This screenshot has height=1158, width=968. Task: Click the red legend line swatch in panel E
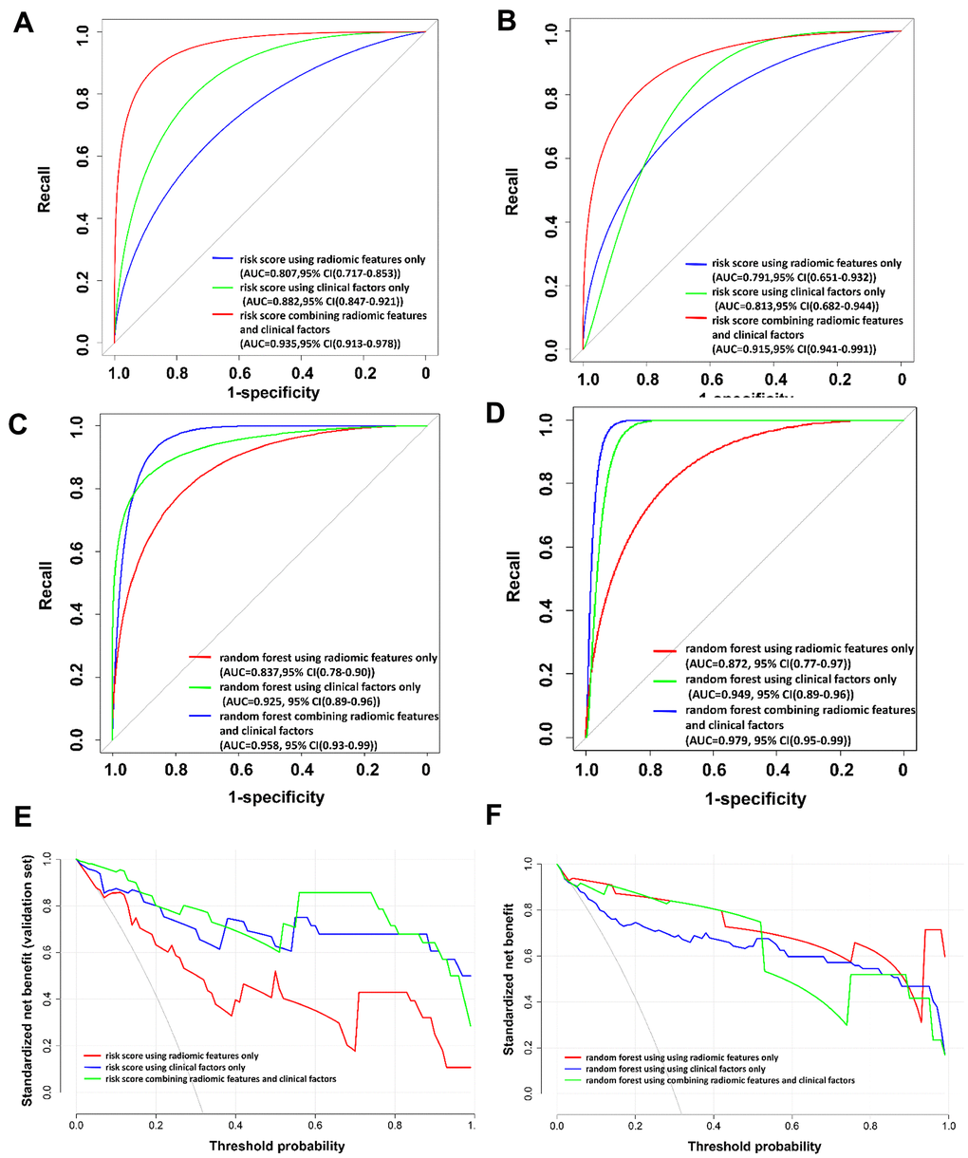point(93,1055)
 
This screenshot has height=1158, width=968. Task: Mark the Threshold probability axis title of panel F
point(756,1146)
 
